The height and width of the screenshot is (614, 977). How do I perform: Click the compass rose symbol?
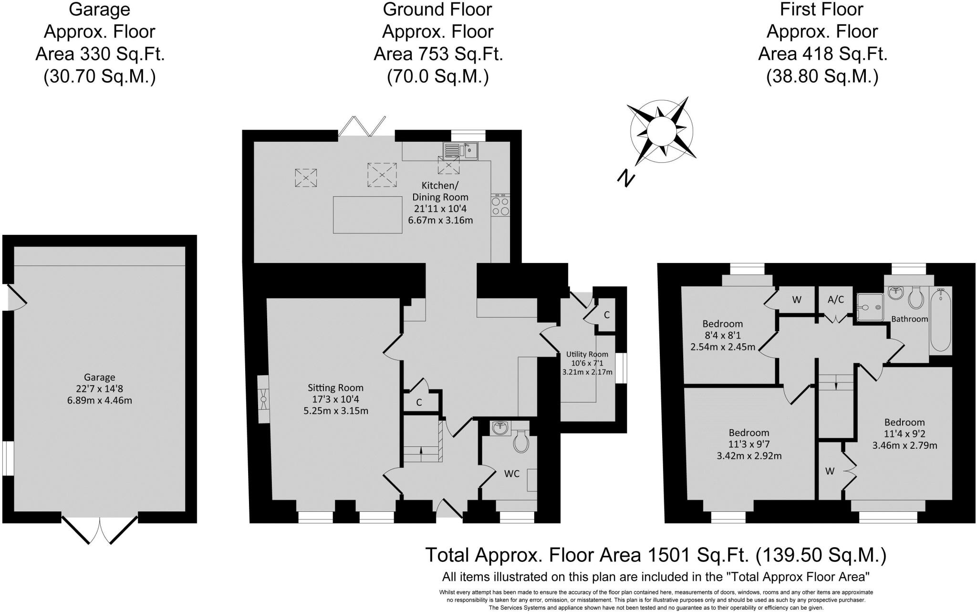click(662, 129)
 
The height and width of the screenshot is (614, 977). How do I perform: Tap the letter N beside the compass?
click(626, 178)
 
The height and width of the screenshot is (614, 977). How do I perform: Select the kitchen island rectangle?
click(367, 214)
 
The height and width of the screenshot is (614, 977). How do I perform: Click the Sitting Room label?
click(335, 388)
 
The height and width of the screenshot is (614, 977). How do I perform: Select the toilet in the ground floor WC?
click(520, 442)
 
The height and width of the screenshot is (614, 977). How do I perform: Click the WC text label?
click(512, 473)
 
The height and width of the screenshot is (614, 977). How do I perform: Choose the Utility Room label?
click(587, 354)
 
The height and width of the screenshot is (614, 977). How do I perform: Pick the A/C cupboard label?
click(835, 299)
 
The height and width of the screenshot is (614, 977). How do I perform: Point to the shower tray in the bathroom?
click(870, 307)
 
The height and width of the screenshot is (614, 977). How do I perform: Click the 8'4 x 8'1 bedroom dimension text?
click(722, 335)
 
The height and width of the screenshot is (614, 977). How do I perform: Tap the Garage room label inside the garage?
click(100, 377)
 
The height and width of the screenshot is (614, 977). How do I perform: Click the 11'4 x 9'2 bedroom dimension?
click(904, 434)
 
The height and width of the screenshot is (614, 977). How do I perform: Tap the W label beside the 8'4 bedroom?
click(796, 300)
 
